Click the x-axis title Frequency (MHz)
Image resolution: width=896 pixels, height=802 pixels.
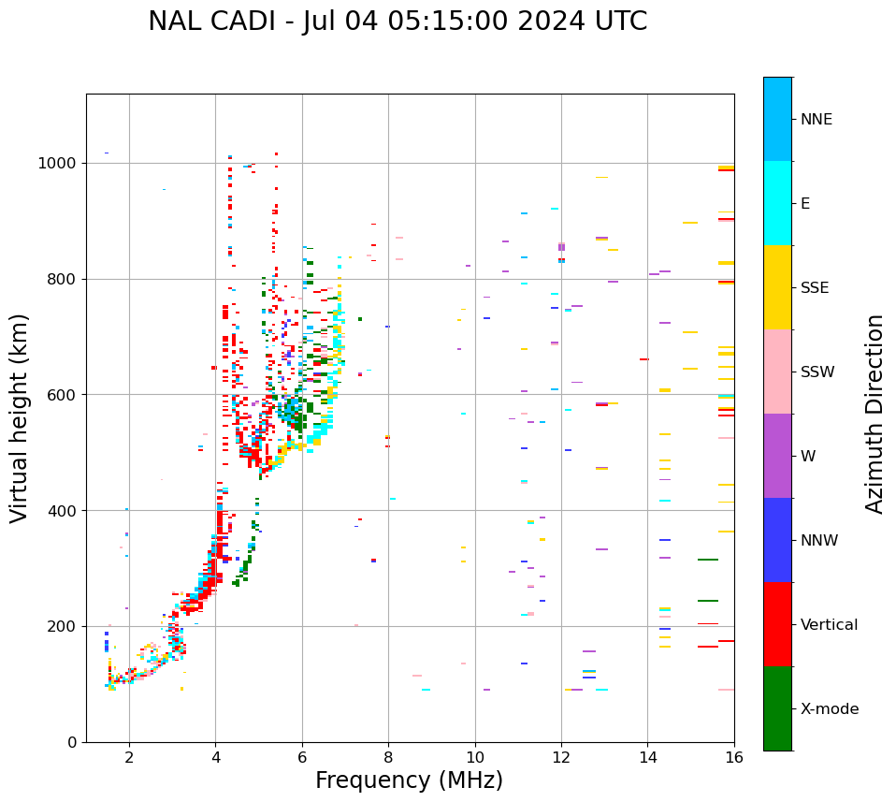[x=409, y=780]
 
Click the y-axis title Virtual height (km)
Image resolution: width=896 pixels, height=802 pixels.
[x=21, y=418]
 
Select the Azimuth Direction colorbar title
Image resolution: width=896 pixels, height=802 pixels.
[x=874, y=414]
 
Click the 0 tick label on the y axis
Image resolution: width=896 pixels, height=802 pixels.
[x=73, y=742]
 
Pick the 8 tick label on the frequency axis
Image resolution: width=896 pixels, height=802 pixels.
[x=388, y=757]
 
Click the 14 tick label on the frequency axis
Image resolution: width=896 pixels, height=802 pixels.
[x=647, y=757]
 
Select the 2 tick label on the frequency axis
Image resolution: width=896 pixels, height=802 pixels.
[x=129, y=757]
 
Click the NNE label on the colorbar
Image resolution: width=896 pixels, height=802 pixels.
[x=816, y=120]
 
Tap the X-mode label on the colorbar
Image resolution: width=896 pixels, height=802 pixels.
[x=829, y=709]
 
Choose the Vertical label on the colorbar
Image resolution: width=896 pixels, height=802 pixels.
[x=829, y=625]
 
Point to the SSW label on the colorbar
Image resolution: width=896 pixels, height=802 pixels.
[x=817, y=372]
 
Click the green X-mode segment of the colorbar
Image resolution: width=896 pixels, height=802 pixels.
[x=777, y=708]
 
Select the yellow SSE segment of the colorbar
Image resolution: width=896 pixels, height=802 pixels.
[x=777, y=287]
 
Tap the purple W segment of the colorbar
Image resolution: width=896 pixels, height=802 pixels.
[x=777, y=456]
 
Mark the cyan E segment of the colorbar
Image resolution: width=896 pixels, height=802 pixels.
[x=777, y=203]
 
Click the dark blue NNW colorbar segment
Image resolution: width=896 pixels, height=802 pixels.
[x=777, y=540]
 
